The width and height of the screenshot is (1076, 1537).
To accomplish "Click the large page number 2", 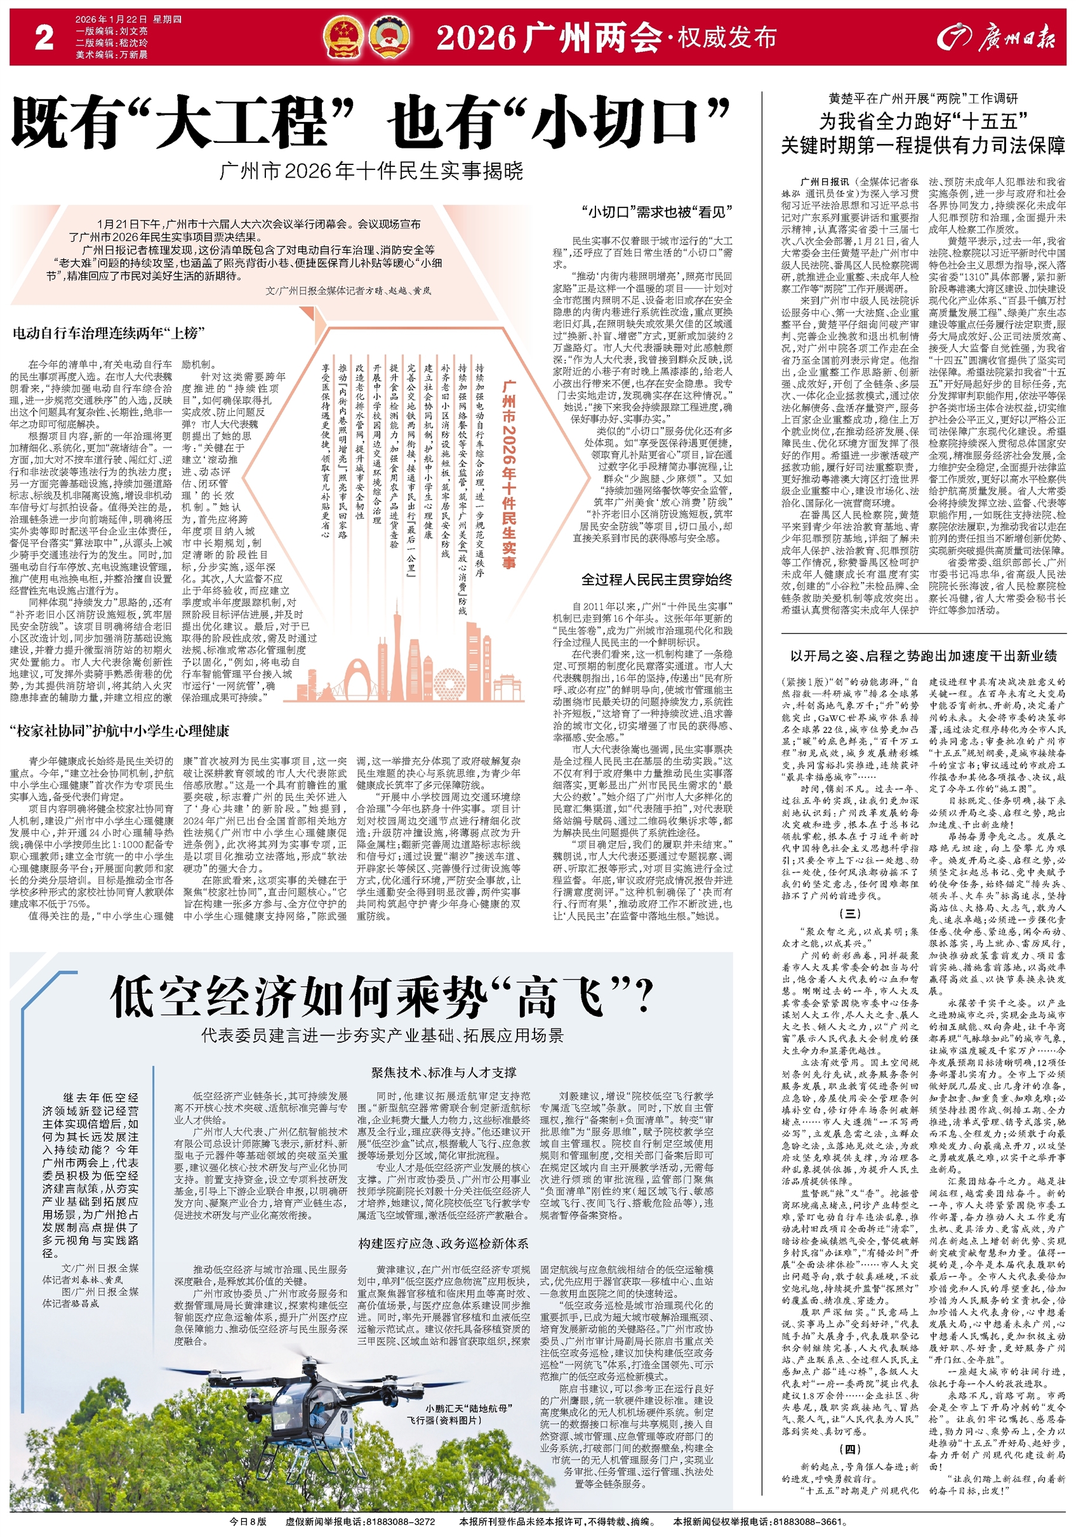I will (44, 38).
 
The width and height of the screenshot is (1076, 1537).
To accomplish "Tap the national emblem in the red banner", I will (342, 37).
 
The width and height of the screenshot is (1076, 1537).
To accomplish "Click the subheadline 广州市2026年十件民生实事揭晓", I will (371, 171).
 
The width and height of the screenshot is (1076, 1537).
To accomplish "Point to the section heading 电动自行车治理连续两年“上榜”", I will (109, 333).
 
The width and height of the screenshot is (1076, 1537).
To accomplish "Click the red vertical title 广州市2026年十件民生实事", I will (508, 475).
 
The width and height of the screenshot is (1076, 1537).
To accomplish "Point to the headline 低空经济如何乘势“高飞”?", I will (381, 997).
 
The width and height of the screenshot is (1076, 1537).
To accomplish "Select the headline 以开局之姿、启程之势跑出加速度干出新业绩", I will (924, 656).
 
